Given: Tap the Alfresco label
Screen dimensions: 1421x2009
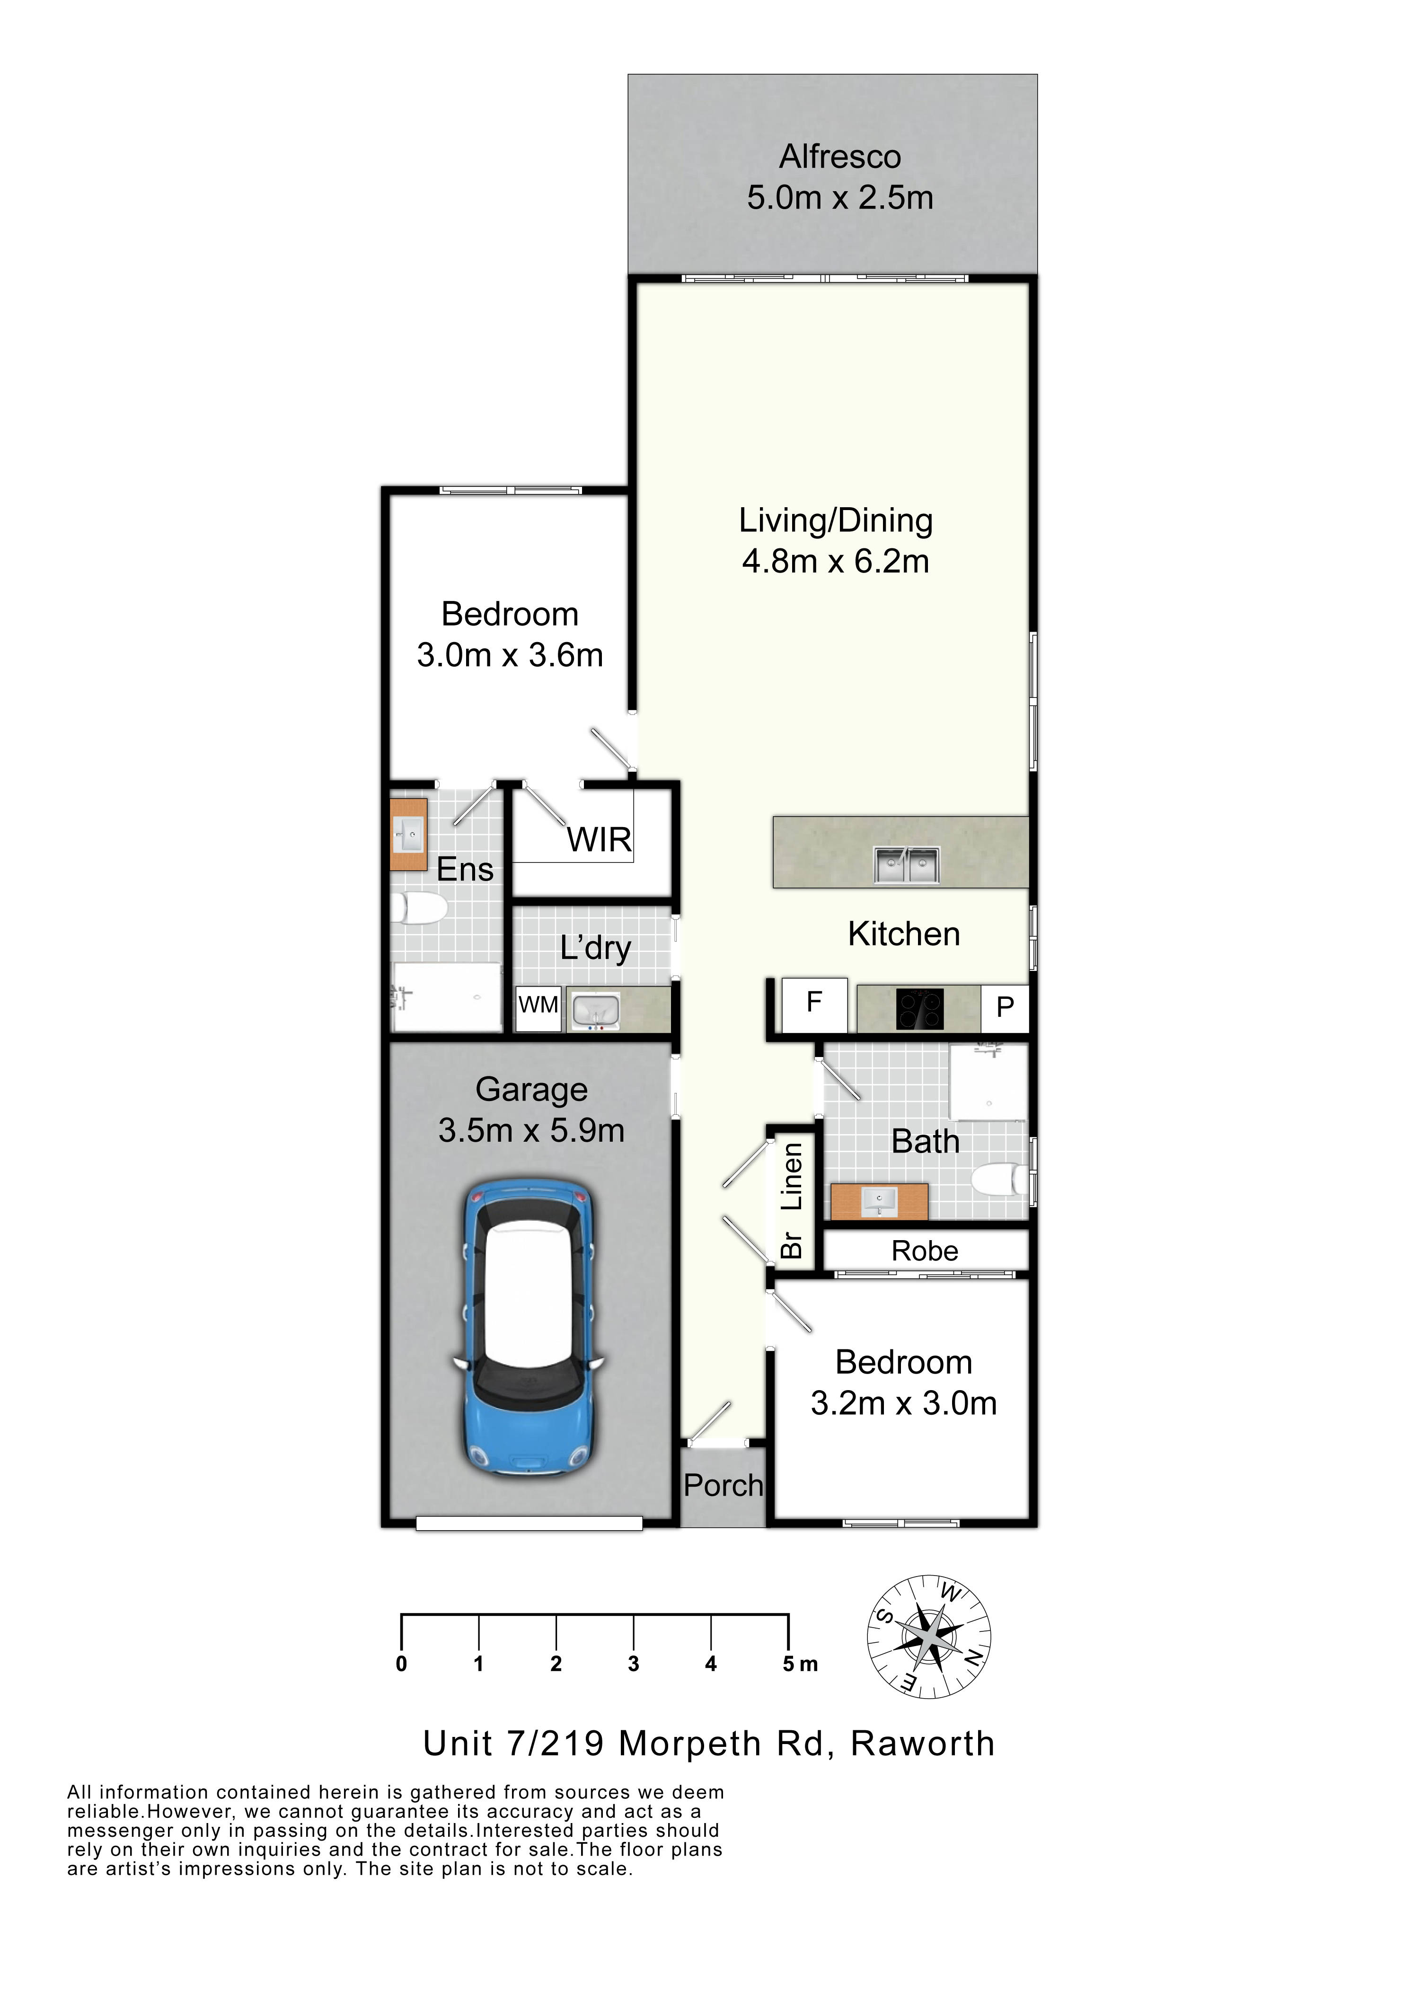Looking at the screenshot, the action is (840, 157).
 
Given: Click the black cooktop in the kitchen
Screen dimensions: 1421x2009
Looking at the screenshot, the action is (919, 1009).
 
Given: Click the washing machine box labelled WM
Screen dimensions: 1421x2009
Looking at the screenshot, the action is (538, 1007).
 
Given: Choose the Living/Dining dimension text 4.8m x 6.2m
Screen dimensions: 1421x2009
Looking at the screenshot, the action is (836, 561).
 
